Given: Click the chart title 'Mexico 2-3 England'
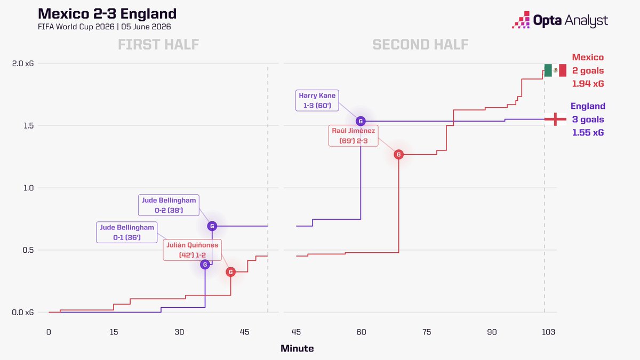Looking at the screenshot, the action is coord(107,13).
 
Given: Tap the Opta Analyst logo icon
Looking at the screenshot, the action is coord(521,20).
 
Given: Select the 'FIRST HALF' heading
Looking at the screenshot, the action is coord(158,45).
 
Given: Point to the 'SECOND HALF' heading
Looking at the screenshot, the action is coord(420,45).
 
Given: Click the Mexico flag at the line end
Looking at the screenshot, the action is coord(555,70).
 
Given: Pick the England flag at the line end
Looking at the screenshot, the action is coord(555,119).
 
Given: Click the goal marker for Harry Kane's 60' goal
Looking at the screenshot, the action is coord(361,121).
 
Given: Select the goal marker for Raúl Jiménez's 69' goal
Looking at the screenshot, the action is coord(398,155).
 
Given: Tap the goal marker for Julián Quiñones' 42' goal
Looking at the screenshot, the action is coord(230,272).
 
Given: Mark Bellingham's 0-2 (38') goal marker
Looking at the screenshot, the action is coord(212,226).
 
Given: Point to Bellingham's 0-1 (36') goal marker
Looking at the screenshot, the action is coord(205,265).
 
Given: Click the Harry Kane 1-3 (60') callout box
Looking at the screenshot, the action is coord(317,100).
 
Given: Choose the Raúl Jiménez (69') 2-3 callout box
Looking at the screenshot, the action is coord(353,135).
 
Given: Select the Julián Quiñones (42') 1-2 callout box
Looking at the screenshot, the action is coord(193,250).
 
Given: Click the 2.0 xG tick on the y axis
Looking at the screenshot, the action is coord(23,63).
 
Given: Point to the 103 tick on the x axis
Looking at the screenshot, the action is coord(548,332).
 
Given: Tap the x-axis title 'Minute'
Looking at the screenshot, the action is coord(297,348).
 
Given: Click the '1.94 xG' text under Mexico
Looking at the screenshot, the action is coord(588,84).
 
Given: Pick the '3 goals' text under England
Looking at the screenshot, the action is coord(588,119).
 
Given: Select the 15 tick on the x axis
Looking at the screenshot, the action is coord(114,332).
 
